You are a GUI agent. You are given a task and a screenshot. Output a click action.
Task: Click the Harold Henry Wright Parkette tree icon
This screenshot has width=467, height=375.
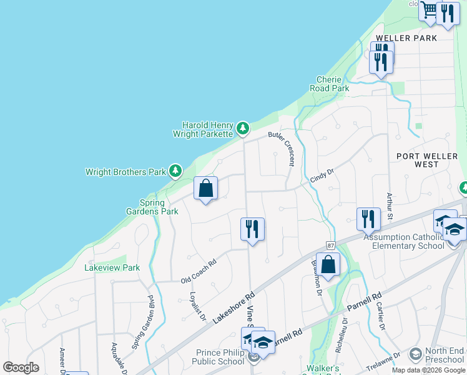point(242,129)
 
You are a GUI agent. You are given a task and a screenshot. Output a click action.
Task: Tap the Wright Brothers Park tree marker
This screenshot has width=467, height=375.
point(176,171)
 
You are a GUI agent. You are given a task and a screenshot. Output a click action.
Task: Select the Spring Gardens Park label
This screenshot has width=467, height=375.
point(159,207)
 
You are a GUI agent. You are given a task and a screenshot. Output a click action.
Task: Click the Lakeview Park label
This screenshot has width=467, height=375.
point(112,267)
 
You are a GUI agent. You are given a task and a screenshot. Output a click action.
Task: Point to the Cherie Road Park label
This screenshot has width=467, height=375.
point(329,84)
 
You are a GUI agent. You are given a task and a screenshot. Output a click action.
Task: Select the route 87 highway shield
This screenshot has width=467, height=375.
point(331,246)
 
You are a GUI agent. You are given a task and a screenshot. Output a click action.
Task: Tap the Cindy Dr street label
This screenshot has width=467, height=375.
point(322,176)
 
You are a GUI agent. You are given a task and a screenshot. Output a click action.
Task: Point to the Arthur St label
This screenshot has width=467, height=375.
point(389,206)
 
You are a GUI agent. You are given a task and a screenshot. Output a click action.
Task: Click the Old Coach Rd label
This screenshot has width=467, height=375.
point(198,270)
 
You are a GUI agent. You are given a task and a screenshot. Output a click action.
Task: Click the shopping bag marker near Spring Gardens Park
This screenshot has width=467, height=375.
point(206,189)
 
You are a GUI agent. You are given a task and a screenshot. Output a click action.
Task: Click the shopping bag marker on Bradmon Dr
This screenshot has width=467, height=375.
point(328,264)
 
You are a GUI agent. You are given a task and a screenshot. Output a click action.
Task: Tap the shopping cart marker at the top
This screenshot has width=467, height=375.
point(429,11)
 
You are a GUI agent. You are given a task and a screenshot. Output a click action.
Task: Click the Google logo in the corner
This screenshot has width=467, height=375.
point(21,367)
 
